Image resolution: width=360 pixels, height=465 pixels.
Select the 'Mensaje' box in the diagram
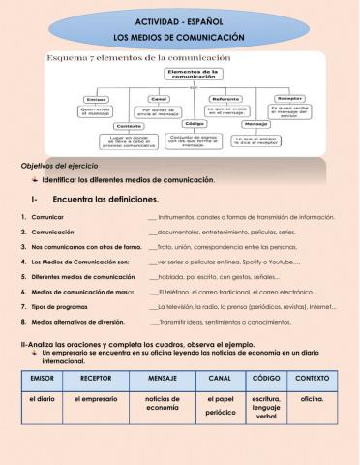(255, 125)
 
